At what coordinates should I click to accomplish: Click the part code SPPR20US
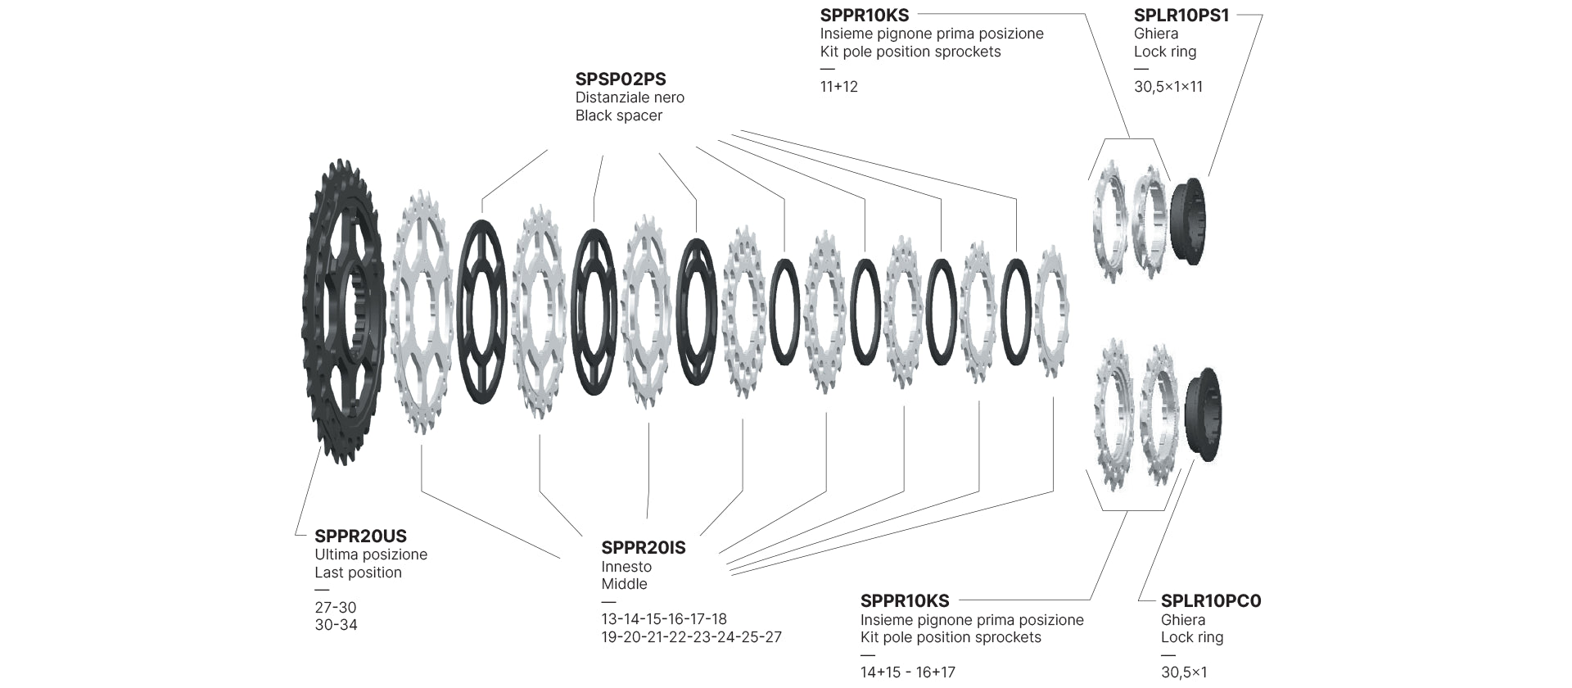click(x=360, y=536)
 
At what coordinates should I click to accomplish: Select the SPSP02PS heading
click(x=621, y=79)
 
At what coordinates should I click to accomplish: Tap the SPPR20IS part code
click(x=644, y=548)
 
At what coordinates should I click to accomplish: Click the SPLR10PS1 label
click(x=1181, y=16)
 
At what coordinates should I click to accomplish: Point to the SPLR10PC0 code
click(x=1211, y=601)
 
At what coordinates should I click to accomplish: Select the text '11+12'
click(x=838, y=87)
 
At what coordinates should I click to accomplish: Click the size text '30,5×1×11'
click(x=1168, y=87)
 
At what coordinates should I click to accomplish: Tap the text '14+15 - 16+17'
click(x=907, y=673)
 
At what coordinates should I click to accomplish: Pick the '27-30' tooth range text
click(x=336, y=608)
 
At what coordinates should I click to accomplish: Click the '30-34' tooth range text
click(x=336, y=625)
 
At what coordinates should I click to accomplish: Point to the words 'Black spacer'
click(x=618, y=115)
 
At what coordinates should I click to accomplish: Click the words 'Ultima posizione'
click(x=371, y=554)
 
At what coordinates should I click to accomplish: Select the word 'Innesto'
click(x=626, y=567)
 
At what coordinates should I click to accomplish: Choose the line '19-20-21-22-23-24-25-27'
click(x=691, y=637)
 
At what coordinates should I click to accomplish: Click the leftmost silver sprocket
click(x=422, y=311)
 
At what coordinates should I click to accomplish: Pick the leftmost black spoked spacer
click(x=481, y=311)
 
